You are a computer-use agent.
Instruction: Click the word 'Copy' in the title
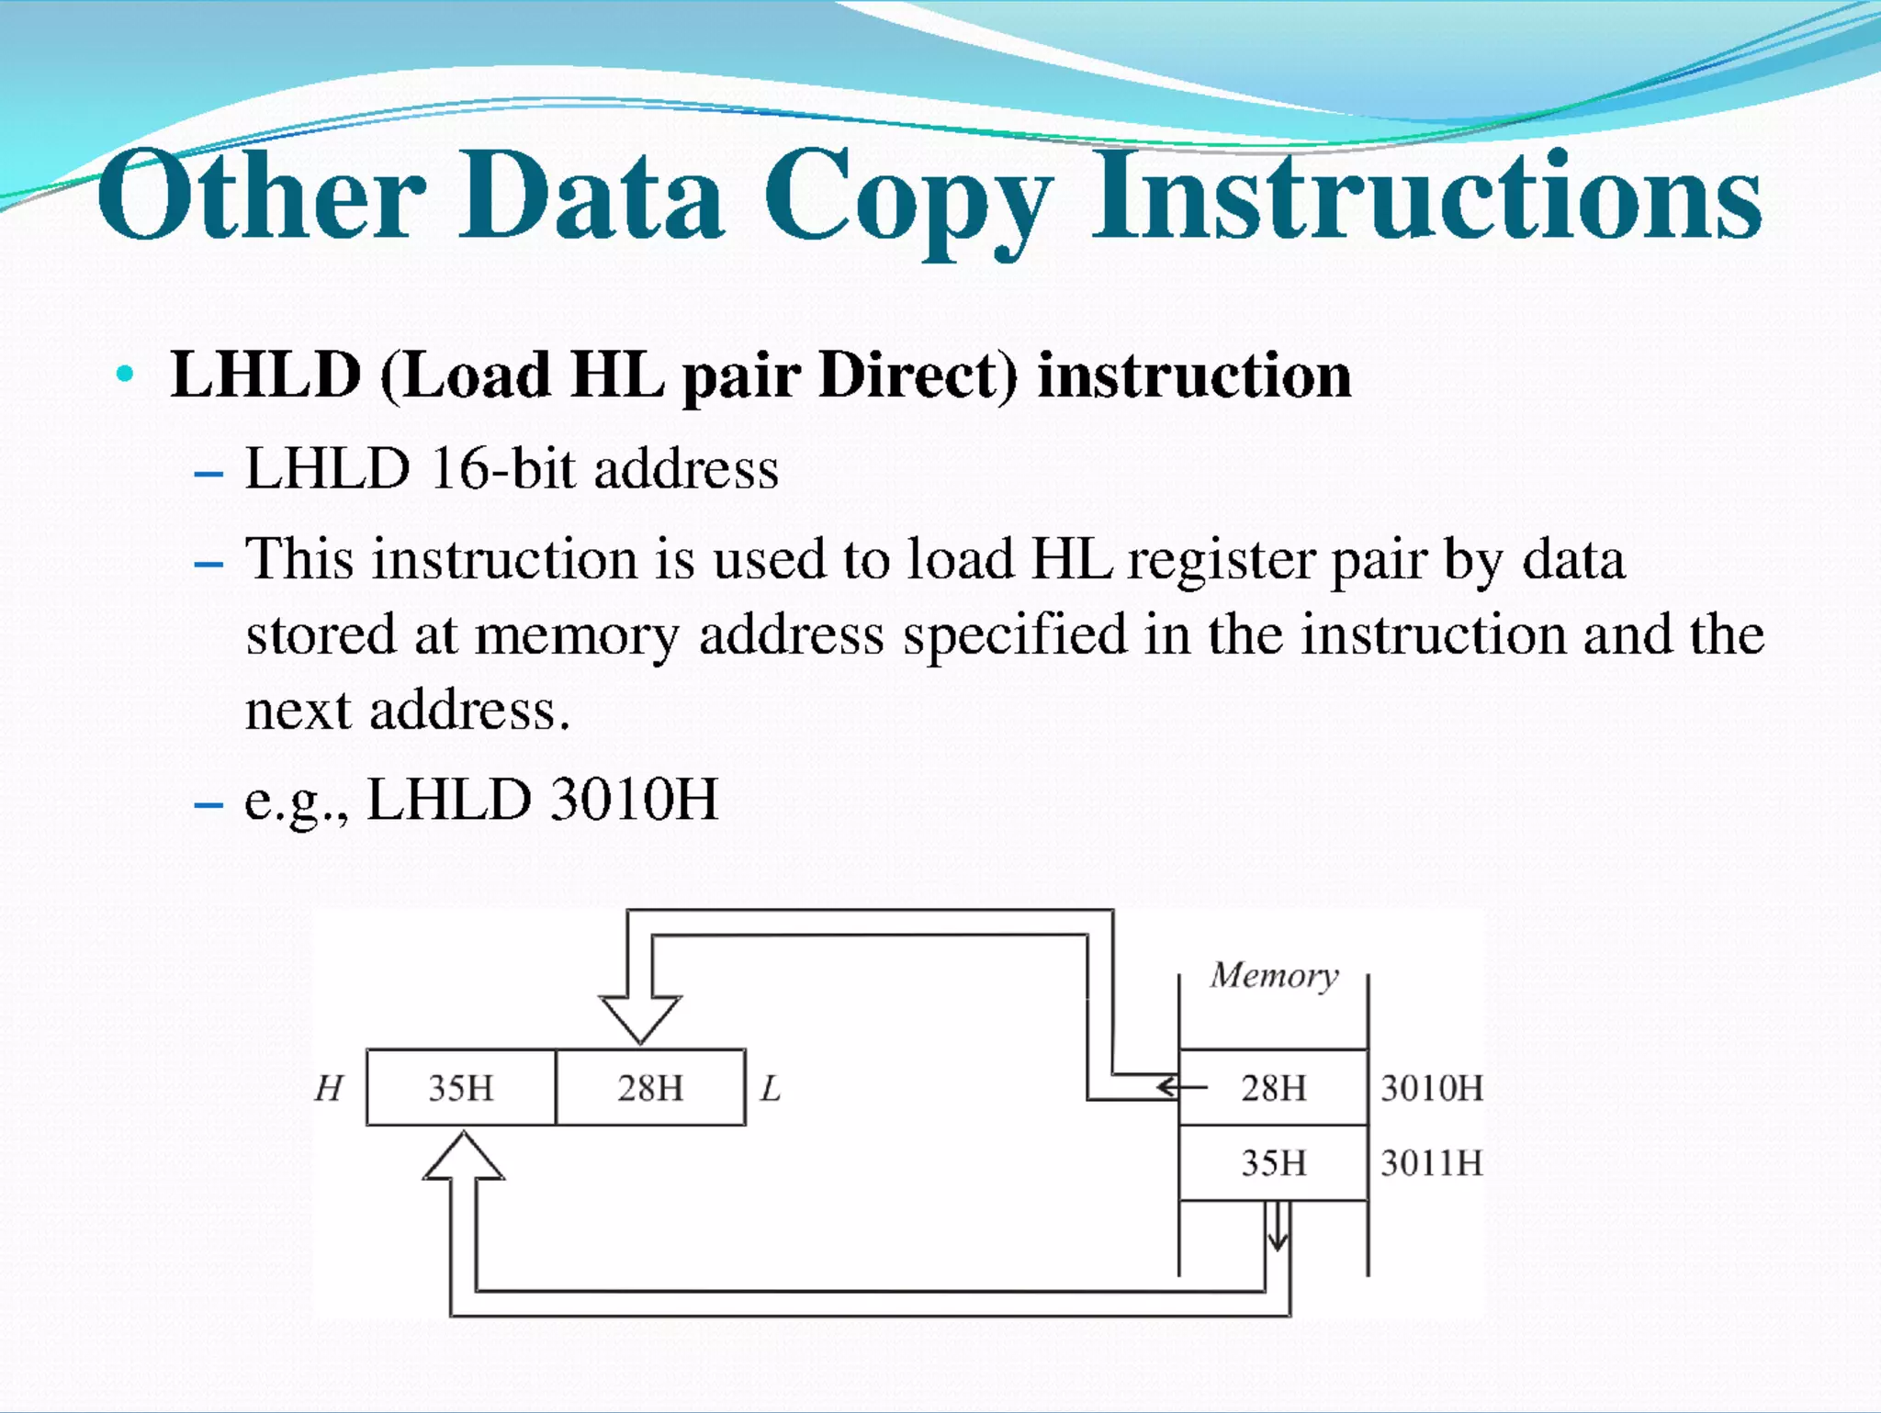coord(907,197)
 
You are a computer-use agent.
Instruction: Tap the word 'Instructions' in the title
coord(1426,195)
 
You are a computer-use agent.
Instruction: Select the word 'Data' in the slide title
coord(591,195)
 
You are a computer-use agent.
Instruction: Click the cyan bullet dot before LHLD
coord(126,375)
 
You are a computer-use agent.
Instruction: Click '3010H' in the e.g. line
coord(634,799)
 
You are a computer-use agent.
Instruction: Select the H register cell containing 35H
coord(461,1088)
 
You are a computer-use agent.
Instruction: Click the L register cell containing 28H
coord(650,1088)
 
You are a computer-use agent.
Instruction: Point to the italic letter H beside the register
coord(328,1089)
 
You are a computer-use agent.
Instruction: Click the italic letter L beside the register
coord(771,1089)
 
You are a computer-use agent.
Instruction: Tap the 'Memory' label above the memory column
coord(1274,975)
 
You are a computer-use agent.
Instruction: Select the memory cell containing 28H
coord(1274,1088)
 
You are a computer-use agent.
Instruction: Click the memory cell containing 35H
coord(1274,1163)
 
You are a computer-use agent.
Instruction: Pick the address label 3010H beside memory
coord(1432,1088)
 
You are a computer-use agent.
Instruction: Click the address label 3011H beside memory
coord(1432,1163)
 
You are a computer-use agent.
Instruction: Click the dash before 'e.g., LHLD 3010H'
coord(209,804)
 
